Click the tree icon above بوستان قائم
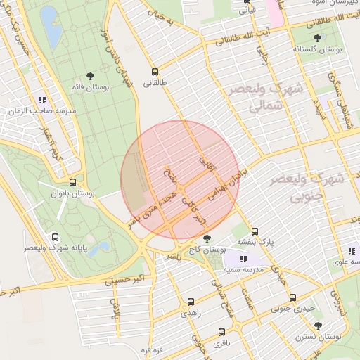point(90,75)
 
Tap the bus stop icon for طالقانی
point(155,72)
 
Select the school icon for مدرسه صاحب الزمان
point(43,100)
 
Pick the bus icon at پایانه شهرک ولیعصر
point(56,237)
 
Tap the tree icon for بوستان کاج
point(206,239)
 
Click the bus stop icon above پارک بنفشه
point(255,231)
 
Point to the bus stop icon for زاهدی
point(191,302)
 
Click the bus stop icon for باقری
point(222,333)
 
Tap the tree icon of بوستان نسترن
point(318,326)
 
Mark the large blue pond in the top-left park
point(51,26)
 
